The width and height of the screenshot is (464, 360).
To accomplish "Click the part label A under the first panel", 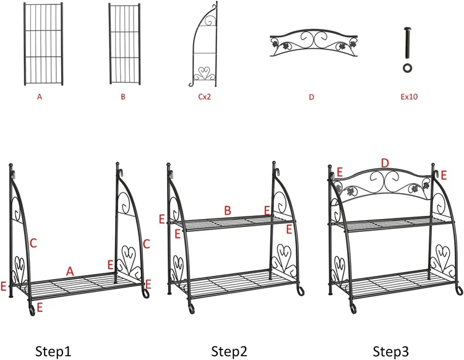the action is pyautogui.click(x=41, y=97).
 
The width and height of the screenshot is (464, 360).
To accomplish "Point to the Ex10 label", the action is pyautogui.click(x=408, y=97).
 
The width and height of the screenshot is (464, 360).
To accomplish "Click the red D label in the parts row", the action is pyautogui.click(x=311, y=97).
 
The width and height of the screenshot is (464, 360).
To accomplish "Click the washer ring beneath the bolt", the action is pyautogui.click(x=408, y=66).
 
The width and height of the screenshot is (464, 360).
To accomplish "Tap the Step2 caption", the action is pyautogui.click(x=229, y=351).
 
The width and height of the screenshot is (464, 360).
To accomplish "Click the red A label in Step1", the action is pyautogui.click(x=70, y=271).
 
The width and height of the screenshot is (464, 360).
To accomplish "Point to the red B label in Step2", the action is pyautogui.click(x=228, y=212).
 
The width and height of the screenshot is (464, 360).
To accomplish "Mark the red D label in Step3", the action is pyautogui.click(x=384, y=163).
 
